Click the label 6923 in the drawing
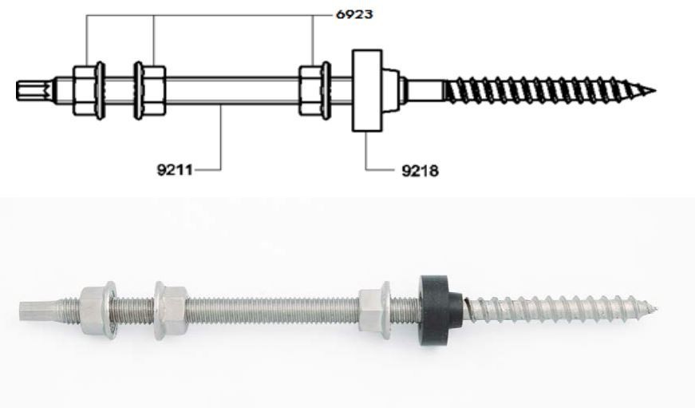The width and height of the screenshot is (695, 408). click(353, 15)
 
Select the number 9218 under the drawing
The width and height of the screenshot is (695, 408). click(419, 169)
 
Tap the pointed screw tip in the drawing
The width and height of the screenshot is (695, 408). click(648, 89)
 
